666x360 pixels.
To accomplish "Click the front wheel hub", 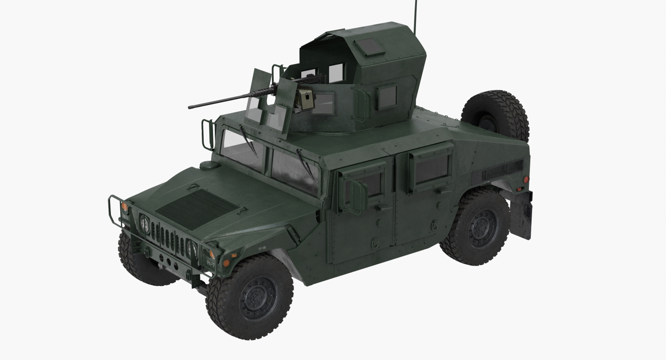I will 257,298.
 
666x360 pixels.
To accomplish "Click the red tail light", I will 526,180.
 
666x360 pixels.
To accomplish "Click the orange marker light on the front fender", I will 226,263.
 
